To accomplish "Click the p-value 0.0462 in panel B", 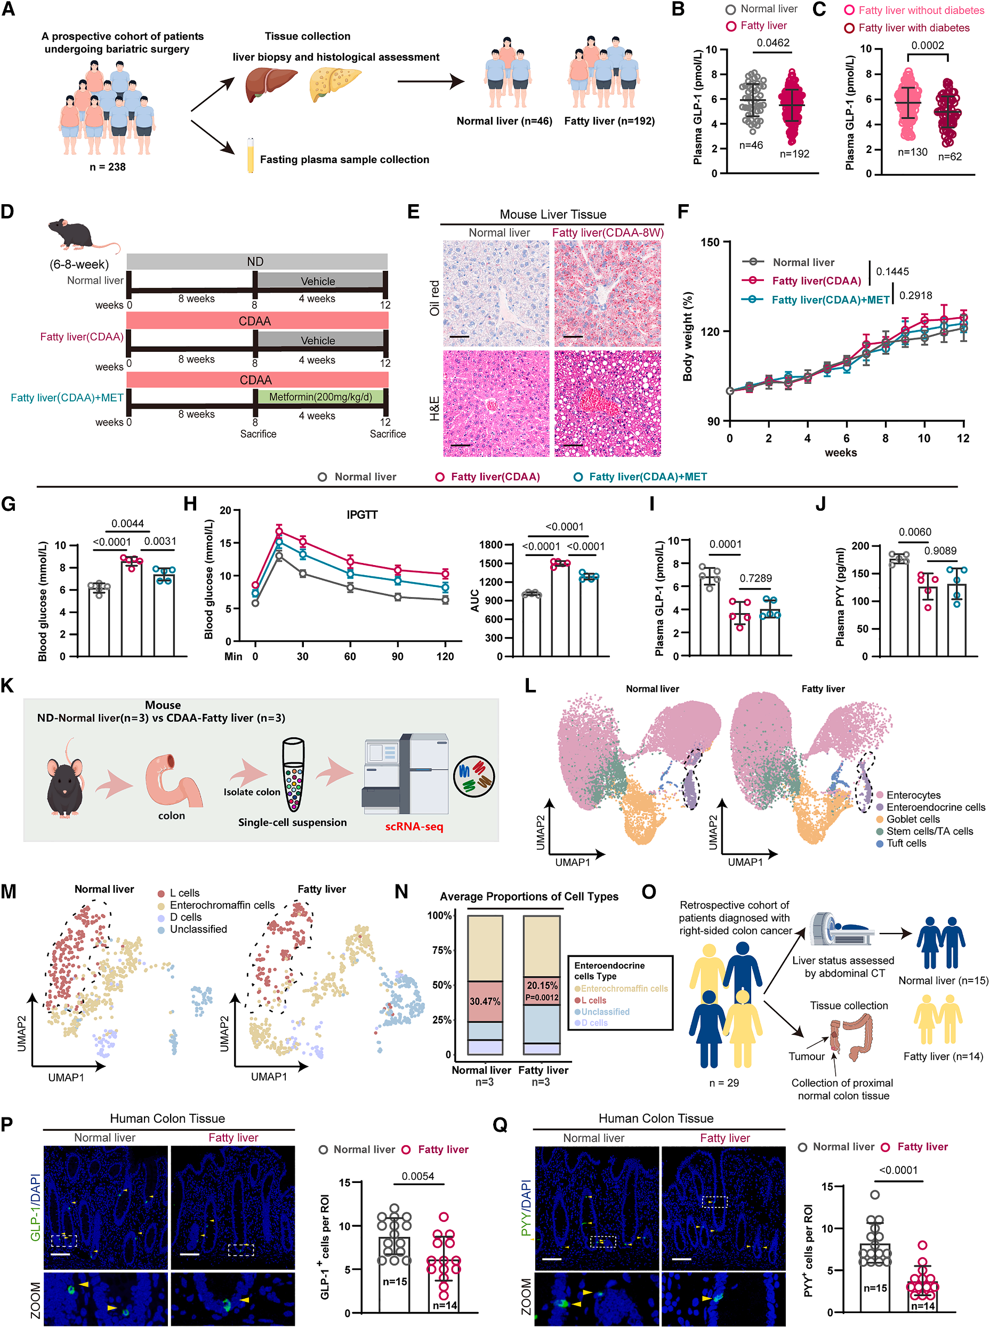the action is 772,43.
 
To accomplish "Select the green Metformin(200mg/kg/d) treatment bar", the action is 320,396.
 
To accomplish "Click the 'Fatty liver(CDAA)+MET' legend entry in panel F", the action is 830,300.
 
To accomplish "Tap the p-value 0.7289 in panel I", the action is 755,578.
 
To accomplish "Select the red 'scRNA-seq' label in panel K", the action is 414,826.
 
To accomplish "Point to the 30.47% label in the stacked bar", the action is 485,1001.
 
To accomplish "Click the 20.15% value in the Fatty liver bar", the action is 542,985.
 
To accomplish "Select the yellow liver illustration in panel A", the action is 335,84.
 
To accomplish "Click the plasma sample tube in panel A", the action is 251,155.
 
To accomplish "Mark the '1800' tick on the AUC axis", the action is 491,545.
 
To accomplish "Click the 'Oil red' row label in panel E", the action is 434,297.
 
